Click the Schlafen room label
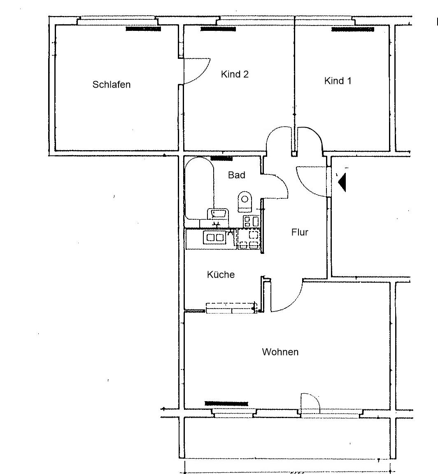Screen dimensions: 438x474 111,84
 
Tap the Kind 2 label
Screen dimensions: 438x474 235,74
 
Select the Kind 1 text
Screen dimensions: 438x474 338,81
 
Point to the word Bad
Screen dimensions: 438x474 237,175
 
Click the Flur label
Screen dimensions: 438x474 300,232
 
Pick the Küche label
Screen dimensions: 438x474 221,274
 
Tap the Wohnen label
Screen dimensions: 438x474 280,352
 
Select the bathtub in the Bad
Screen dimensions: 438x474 199,188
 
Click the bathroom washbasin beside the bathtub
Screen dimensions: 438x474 217,214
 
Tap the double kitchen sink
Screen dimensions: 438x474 215,237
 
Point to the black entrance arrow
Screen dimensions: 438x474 342,182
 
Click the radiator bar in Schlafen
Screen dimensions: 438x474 143,29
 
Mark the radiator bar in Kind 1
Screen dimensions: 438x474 353,29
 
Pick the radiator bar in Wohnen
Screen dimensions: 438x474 226,403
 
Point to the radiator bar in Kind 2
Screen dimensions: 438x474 218,29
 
